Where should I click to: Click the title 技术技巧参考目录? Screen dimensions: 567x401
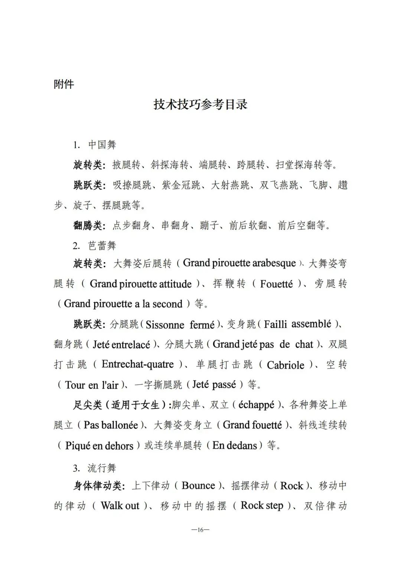pos(200,105)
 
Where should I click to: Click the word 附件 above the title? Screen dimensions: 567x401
pos(64,84)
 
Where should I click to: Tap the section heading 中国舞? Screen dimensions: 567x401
pos(102,145)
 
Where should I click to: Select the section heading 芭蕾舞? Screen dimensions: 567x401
pos(102,246)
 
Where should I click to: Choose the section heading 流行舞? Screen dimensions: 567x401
pos(102,468)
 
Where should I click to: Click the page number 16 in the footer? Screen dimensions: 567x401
pos(200,530)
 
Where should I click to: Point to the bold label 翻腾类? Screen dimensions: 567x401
pos(88,225)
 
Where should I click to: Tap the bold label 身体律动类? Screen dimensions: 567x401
pos(97,486)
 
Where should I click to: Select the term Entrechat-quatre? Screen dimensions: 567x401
pos(138,364)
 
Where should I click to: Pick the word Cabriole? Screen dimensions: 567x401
pos(286,365)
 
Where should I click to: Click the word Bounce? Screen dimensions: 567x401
pos(199,486)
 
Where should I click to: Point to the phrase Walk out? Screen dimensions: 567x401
pos(120,506)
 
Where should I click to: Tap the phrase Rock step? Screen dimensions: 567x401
pos(262,506)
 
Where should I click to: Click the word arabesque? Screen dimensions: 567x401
pos(274,264)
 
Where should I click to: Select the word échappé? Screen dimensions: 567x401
pos(256,405)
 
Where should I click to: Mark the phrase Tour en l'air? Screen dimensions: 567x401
pos(92,385)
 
